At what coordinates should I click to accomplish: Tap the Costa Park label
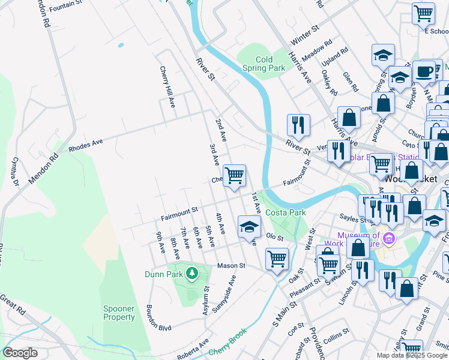pos(286,212)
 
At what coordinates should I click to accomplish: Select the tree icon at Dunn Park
pos(191,274)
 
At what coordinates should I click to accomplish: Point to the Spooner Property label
pos(119,313)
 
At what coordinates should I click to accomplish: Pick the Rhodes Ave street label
pos(86,145)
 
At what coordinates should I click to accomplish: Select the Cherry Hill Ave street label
pos(166,87)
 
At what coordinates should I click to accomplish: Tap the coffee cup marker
pos(424,71)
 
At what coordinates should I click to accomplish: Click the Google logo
pos(20,353)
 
